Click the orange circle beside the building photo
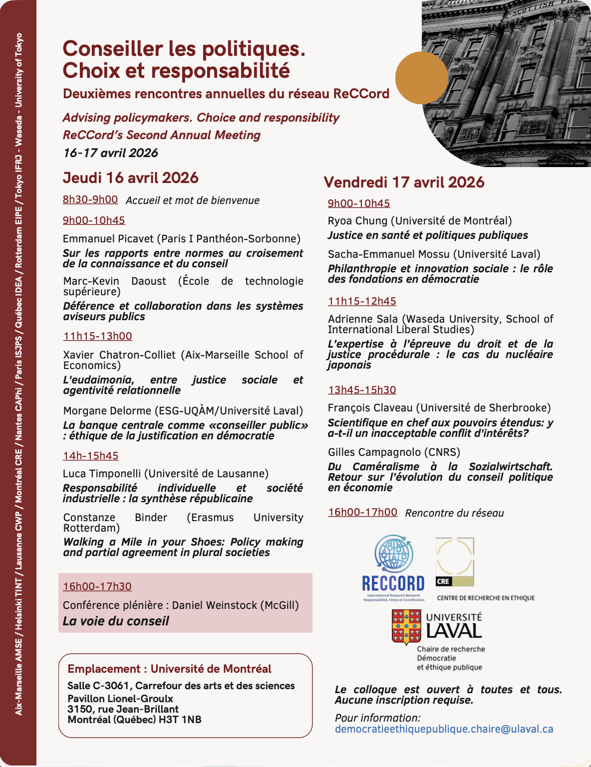tap(421, 78)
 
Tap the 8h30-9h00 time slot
tap(90, 199)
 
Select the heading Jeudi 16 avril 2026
tap(130, 178)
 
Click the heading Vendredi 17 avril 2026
tap(404, 182)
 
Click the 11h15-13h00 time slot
tap(97, 336)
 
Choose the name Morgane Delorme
tap(107, 410)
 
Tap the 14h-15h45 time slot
tap(90, 455)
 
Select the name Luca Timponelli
tap(103, 473)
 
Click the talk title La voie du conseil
tap(116, 621)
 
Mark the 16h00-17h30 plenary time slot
tap(97, 586)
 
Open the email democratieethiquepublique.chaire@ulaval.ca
tap(444, 729)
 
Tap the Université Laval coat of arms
tap(406, 627)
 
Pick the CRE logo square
tap(455, 562)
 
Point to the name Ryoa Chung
tap(357, 220)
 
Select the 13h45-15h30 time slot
tap(362, 390)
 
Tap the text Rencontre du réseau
tap(454, 513)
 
